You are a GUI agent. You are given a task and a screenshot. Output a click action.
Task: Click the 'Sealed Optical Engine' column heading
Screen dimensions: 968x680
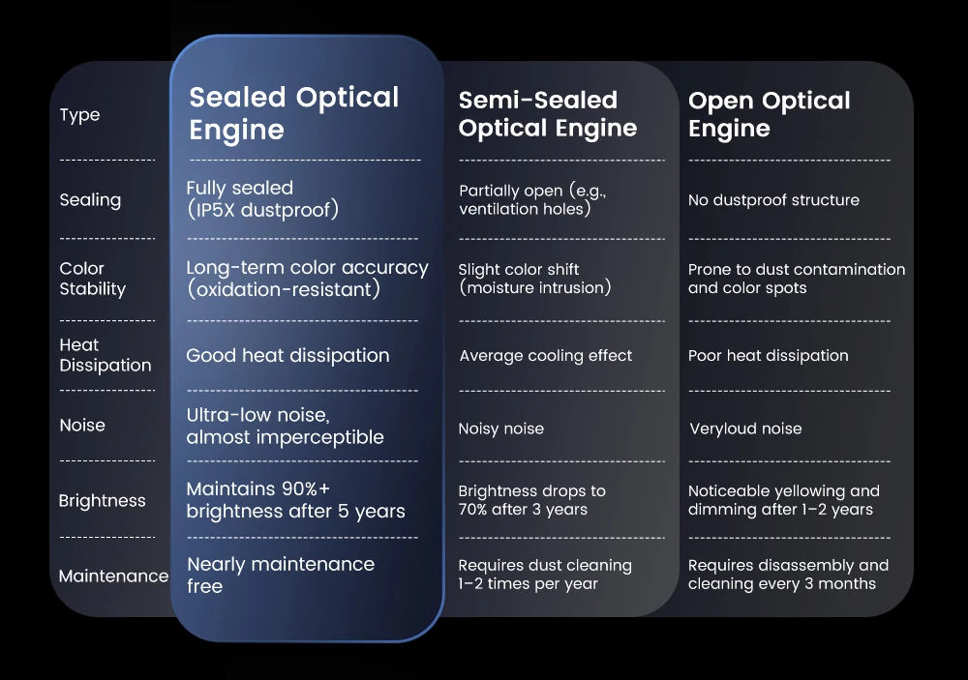click(294, 113)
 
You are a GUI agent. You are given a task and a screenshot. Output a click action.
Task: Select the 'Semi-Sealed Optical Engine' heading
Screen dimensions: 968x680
click(548, 114)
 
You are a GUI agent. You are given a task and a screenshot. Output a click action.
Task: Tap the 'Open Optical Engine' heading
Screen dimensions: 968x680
click(770, 114)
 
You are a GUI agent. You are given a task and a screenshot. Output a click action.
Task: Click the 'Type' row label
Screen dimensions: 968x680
click(79, 115)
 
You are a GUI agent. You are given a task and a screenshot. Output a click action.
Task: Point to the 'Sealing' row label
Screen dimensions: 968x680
click(90, 200)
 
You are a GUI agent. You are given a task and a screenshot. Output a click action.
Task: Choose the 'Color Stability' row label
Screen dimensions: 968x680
click(93, 279)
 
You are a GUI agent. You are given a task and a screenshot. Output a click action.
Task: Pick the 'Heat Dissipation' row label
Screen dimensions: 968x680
click(105, 355)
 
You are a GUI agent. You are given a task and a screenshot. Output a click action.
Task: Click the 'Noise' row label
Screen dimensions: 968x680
click(82, 426)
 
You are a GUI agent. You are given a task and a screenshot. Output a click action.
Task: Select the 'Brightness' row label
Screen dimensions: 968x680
click(102, 500)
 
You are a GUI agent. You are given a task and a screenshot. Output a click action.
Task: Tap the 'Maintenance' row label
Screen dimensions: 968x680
click(113, 577)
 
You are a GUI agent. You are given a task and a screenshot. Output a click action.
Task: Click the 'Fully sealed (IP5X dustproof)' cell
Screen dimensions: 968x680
click(262, 198)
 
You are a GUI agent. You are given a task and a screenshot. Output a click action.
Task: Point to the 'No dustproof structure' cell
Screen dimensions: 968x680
click(773, 200)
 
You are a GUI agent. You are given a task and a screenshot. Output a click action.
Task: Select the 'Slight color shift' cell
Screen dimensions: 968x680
click(534, 279)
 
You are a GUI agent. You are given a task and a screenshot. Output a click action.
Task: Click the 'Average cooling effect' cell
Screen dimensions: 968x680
click(546, 355)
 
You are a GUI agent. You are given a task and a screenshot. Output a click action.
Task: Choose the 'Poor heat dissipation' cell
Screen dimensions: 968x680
click(768, 355)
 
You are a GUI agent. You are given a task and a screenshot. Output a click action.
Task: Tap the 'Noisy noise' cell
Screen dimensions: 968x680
click(501, 429)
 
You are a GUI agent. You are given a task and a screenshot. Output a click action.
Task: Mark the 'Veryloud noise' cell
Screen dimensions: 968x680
click(745, 429)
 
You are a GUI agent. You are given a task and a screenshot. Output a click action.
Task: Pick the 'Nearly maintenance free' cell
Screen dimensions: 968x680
click(281, 576)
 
